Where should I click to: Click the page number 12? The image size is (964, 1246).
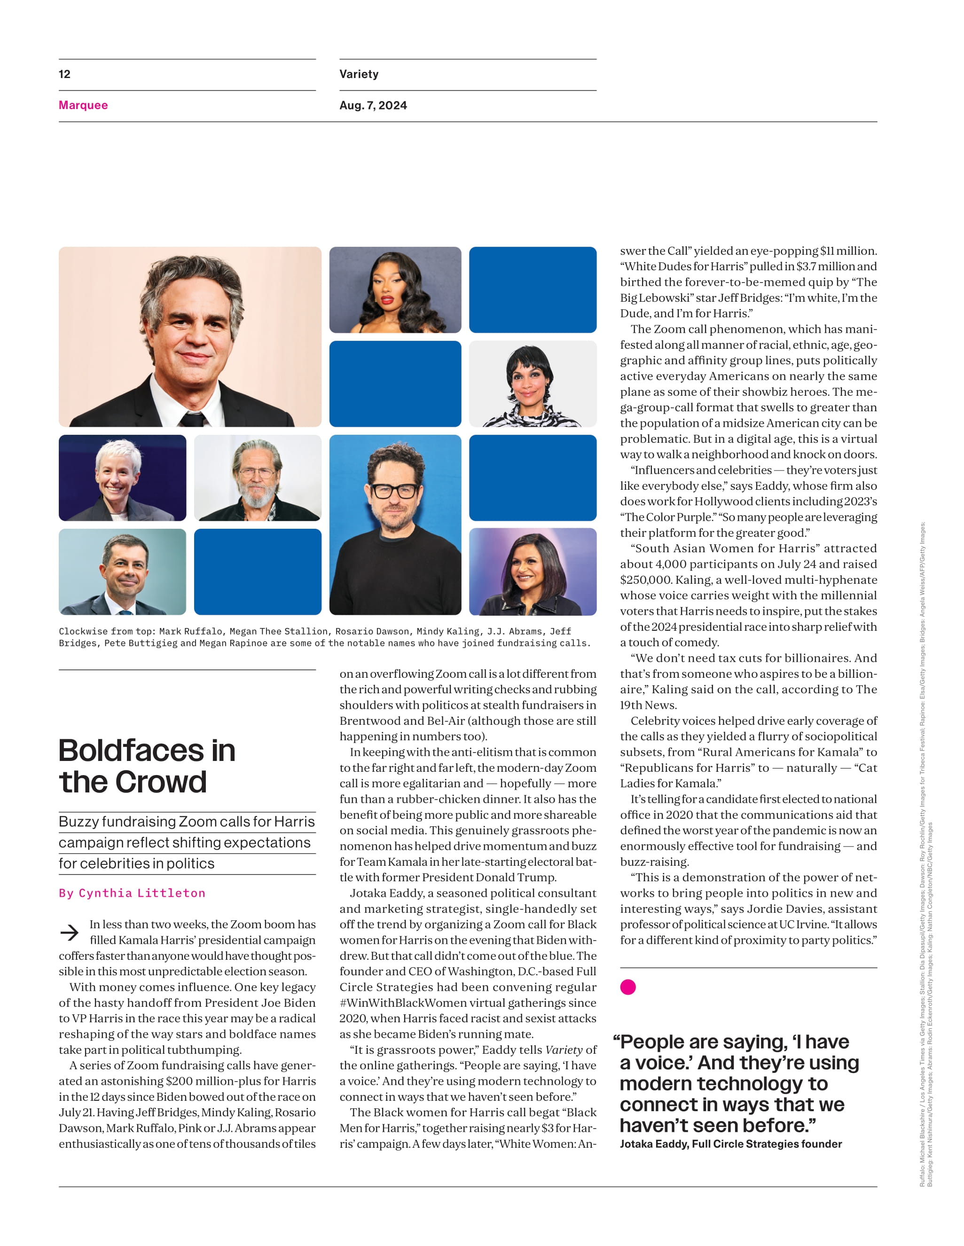pos(64,74)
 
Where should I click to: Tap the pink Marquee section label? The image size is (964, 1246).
pos(83,105)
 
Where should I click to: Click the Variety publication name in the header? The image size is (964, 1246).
pos(359,74)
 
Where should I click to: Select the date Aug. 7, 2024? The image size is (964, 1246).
pos(373,105)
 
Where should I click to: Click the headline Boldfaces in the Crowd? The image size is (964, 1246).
pos(147,766)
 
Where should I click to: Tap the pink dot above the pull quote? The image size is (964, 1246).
pos(628,987)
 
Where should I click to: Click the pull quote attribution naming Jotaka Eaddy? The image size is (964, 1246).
pos(731,1144)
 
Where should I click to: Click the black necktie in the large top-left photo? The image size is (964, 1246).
pos(192,419)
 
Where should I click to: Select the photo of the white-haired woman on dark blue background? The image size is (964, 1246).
pos(122,478)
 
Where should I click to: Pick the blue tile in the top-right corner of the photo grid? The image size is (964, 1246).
pos(533,290)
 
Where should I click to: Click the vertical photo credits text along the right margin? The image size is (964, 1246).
pos(925,856)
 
